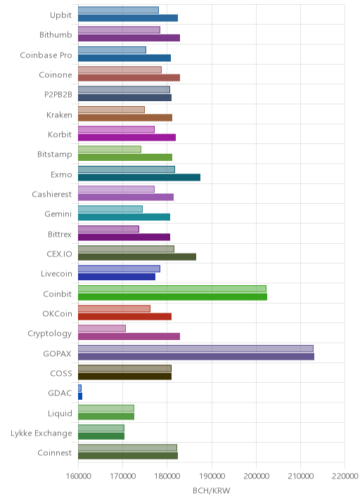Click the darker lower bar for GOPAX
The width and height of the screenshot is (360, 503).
pyautogui.click(x=196, y=356)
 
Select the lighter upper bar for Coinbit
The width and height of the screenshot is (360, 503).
pyautogui.click(x=172, y=289)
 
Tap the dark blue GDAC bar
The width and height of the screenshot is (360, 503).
pyautogui.click(x=80, y=396)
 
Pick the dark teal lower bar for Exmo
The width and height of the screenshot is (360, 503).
pyautogui.click(x=139, y=178)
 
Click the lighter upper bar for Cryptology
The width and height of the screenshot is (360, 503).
pyautogui.click(x=102, y=329)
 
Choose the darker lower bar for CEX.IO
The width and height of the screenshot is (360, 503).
pyautogui.click(x=137, y=257)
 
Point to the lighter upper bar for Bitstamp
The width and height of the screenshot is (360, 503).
pyautogui.click(x=110, y=150)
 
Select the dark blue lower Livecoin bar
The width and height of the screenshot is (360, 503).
pyautogui.click(x=117, y=277)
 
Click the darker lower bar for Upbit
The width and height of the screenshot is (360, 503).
pyautogui.click(x=128, y=18)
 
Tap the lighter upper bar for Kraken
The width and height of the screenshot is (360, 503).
pyautogui.click(x=111, y=110)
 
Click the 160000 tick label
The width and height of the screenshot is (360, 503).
pyautogui.click(x=78, y=476)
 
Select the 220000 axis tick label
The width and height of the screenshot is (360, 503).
pyautogui.click(x=345, y=476)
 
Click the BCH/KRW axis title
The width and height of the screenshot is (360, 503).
pyautogui.click(x=212, y=490)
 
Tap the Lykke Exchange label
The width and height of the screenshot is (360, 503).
pyautogui.click(x=41, y=433)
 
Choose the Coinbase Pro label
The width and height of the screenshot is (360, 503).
pyautogui.click(x=46, y=55)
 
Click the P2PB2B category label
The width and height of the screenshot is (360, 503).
pyautogui.click(x=58, y=95)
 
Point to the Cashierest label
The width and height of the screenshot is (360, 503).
pyautogui.click(x=52, y=195)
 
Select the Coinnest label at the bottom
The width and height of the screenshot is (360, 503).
pyautogui.click(x=55, y=453)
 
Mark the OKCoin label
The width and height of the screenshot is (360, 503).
pyautogui.click(x=57, y=314)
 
